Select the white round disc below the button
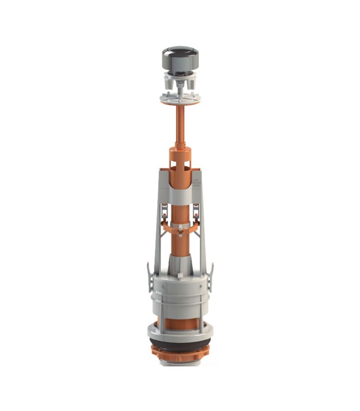[x=180, y=100]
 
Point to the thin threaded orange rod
[x=180, y=126]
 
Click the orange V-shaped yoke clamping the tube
[x=180, y=226]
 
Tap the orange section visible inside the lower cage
[x=180, y=324]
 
